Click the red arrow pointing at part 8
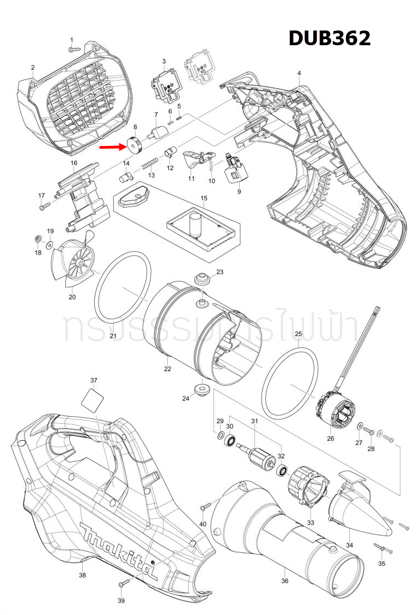112,146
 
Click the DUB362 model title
329,38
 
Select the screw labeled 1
75,48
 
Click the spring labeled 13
150,163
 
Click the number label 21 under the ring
113,336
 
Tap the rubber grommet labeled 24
202,389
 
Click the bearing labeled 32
283,470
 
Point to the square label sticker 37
92,401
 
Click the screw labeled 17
45,206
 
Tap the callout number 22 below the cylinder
168,369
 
